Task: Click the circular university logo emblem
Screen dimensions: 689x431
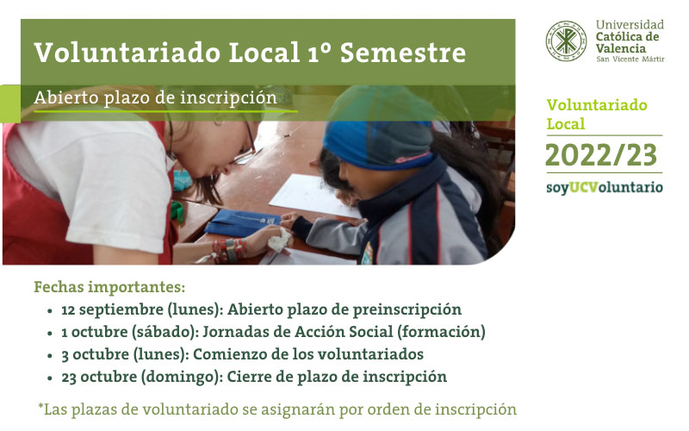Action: pyautogui.click(x=566, y=41)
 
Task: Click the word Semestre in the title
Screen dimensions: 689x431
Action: pyautogui.click(x=403, y=53)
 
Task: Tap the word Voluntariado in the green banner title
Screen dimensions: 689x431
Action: pyautogui.click(x=127, y=53)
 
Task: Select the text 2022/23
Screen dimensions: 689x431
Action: pyautogui.click(x=601, y=155)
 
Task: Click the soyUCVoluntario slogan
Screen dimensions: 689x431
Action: pyautogui.click(x=605, y=188)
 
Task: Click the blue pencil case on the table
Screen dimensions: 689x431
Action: pyautogui.click(x=243, y=222)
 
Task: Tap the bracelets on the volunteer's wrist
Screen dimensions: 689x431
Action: pyautogui.click(x=228, y=251)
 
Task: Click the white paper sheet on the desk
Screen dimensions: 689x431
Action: pyautogui.click(x=314, y=196)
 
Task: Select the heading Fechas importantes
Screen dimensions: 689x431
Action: pyautogui.click(x=109, y=287)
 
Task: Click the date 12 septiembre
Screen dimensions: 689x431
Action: pyautogui.click(x=112, y=309)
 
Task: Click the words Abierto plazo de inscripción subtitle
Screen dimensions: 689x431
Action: pyautogui.click(x=156, y=97)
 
